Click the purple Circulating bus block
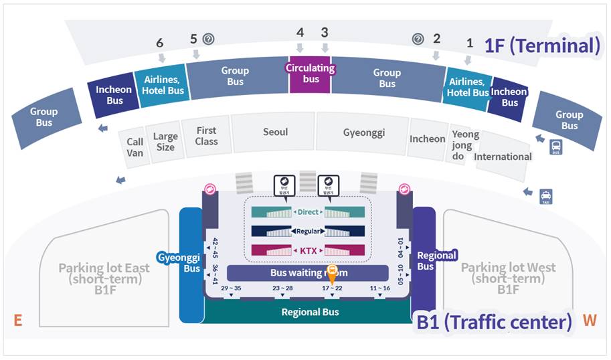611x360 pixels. [311, 74]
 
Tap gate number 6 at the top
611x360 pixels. [159, 43]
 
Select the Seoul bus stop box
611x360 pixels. [275, 132]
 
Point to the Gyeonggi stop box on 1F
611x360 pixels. [364, 132]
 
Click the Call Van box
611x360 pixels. [135, 147]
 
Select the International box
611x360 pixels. [503, 157]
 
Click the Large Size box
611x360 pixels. [165, 142]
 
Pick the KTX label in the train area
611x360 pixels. [308, 250]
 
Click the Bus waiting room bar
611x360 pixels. [308, 273]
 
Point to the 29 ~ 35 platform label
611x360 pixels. [230, 288]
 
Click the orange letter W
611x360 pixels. [589, 321]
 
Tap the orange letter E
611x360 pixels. [18, 321]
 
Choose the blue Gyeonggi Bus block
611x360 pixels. [191, 262]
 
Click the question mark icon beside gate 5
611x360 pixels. [208, 39]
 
